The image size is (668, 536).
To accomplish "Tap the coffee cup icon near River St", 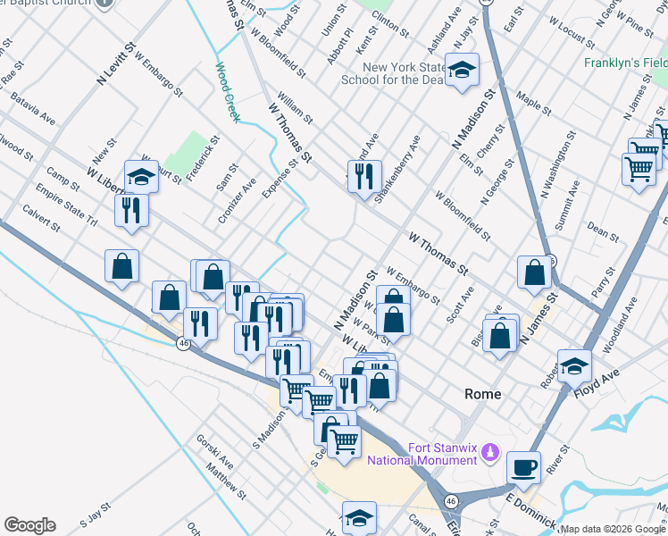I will click(x=523, y=466).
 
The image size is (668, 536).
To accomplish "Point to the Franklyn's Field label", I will click(x=626, y=63).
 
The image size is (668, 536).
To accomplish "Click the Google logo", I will click(x=29, y=525).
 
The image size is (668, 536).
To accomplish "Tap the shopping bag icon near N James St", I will click(x=534, y=272).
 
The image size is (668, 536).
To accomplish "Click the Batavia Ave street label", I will click(x=33, y=114).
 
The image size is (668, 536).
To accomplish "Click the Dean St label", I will click(x=604, y=233).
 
